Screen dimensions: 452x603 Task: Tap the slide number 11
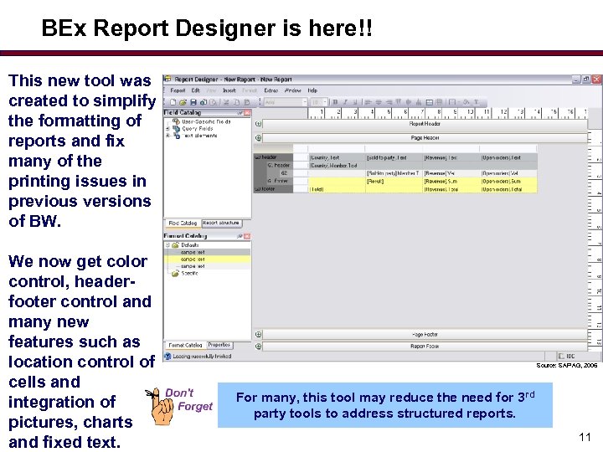(x=585, y=436)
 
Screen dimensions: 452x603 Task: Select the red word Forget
(x=195, y=407)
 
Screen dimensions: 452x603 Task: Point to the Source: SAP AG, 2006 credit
(x=567, y=366)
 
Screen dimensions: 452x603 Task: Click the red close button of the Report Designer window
(x=596, y=80)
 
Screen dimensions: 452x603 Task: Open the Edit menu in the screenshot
(x=196, y=90)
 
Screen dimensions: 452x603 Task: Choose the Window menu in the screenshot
(x=293, y=90)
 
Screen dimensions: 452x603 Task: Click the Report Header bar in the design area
(x=425, y=124)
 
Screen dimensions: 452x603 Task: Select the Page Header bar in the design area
(x=425, y=138)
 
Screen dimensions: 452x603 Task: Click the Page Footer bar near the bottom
(x=425, y=335)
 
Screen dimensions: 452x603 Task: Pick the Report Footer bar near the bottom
(x=425, y=346)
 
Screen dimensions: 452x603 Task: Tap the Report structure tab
(x=221, y=223)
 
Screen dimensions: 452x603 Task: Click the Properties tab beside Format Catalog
(x=219, y=345)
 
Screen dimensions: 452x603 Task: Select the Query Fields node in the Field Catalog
(x=198, y=128)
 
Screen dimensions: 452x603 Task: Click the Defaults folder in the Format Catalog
(x=190, y=245)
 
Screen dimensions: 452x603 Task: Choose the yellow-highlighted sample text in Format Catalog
(x=193, y=259)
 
